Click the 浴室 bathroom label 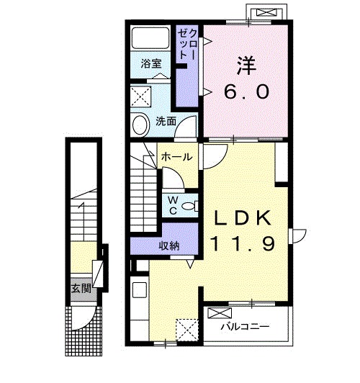[x=151, y=64]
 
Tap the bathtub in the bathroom [x=150, y=38]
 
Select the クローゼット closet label [x=187, y=44]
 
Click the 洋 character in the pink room [x=247, y=66]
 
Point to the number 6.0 [x=247, y=91]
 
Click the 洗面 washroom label [x=166, y=121]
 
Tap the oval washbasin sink [x=140, y=125]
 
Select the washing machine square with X [x=140, y=96]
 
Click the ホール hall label [x=177, y=157]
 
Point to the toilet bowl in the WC [x=189, y=207]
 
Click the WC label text [x=173, y=206]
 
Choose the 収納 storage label [x=169, y=245]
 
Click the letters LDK [x=243, y=218]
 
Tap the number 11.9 [x=243, y=244]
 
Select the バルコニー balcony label [x=245, y=326]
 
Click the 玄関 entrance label [x=81, y=289]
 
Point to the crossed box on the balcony [x=220, y=313]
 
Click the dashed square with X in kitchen [x=186, y=330]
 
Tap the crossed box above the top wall [x=266, y=13]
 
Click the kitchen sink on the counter [x=140, y=290]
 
